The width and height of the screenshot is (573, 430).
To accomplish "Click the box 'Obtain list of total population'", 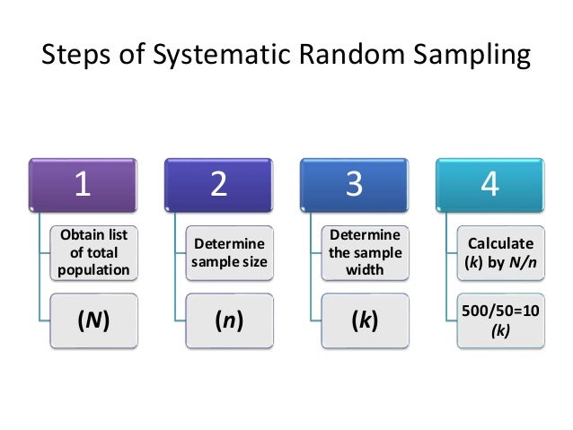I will (x=94, y=252).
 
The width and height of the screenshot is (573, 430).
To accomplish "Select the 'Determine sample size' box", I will (x=230, y=252).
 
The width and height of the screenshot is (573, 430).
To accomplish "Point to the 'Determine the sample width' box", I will (x=366, y=252).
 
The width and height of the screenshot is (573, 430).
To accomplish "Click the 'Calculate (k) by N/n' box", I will (x=501, y=252).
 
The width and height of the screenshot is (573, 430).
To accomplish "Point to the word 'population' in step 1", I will (x=94, y=269).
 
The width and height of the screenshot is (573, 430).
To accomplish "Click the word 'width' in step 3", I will (x=366, y=269).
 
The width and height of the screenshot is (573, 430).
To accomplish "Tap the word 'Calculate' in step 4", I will (x=501, y=243).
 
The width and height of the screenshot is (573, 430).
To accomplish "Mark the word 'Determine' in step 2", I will (x=230, y=244).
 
